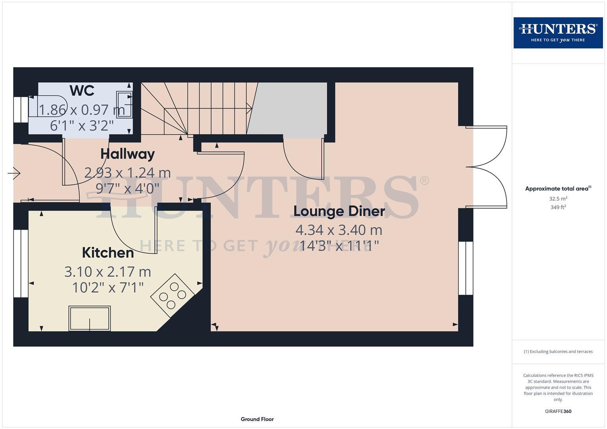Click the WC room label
click(x=82, y=91)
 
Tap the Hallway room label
click(x=127, y=154)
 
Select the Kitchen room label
click(x=108, y=253)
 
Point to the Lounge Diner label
click(x=339, y=211)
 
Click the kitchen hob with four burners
click(x=173, y=296)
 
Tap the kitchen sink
click(x=89, y=318)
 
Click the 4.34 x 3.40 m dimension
click(x=339, y=230)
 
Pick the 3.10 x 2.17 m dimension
click(x=108, y=272)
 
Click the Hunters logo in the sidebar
click(x=558, y=33)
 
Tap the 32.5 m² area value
click(x=558, y=199)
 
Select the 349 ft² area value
click(x=558, y=207)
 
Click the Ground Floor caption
click(x=257, y=419)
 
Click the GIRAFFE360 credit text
click(x=558, y=412)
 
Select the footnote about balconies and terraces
click(x=558, y=352)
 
